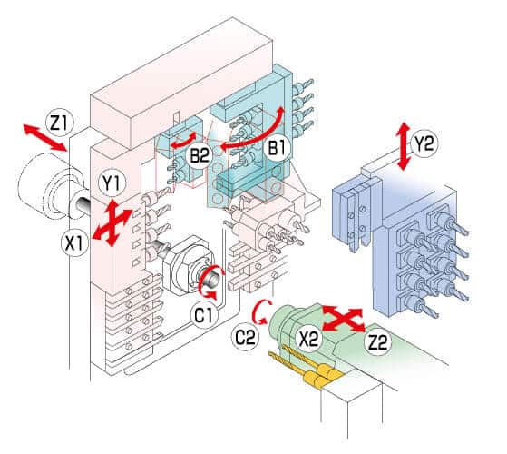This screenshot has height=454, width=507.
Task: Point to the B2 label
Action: [x=200, y=157]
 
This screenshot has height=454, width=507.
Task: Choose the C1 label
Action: [x=202, y=315]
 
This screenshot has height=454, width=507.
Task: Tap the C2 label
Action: [x=245, y=336]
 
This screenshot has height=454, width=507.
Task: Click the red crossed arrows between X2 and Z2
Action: [x=344, y=319]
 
